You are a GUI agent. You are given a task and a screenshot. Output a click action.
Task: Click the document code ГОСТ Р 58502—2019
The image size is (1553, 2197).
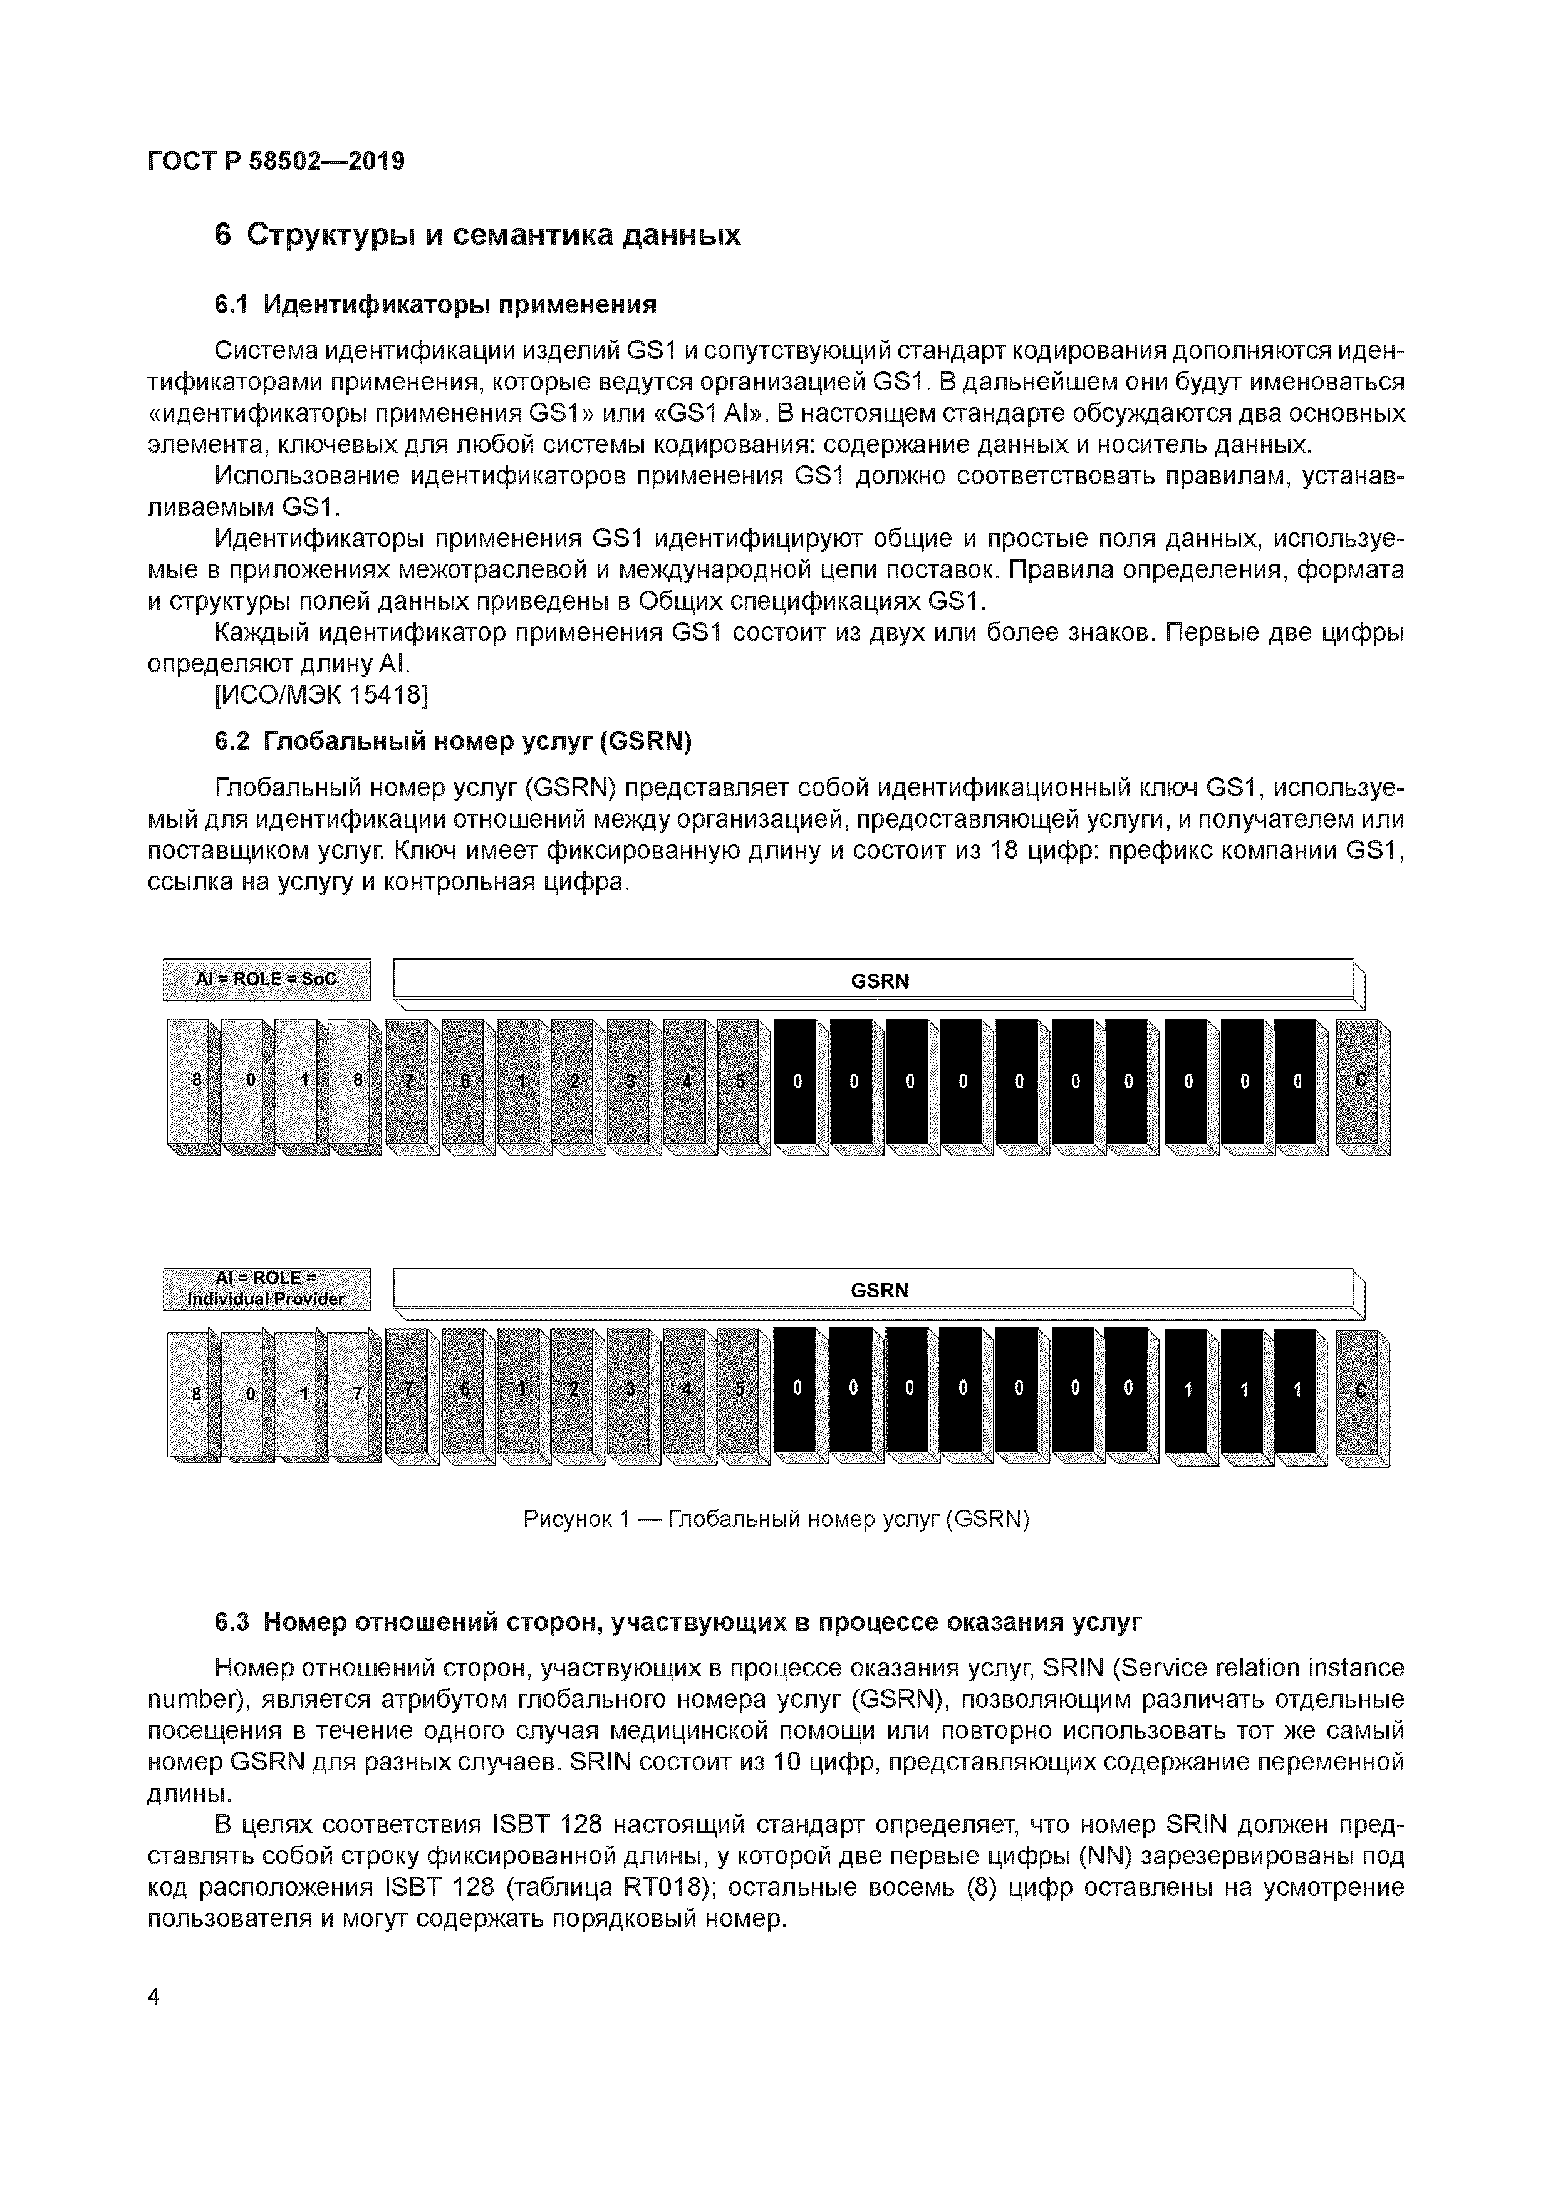click(x=276, y=161)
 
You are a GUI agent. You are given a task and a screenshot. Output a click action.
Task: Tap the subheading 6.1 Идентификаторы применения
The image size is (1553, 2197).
click(x=435, y=304)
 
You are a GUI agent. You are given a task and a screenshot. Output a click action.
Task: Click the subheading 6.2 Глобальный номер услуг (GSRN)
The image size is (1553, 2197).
click(x=452, y=742)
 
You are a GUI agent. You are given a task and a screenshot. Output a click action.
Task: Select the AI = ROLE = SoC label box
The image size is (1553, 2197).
click(x=266, y=979)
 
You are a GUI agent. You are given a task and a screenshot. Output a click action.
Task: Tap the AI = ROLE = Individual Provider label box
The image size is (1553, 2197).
click(x=266, y=1289)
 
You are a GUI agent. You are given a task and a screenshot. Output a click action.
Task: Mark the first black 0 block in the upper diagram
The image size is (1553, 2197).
click(x=796, y=1081)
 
